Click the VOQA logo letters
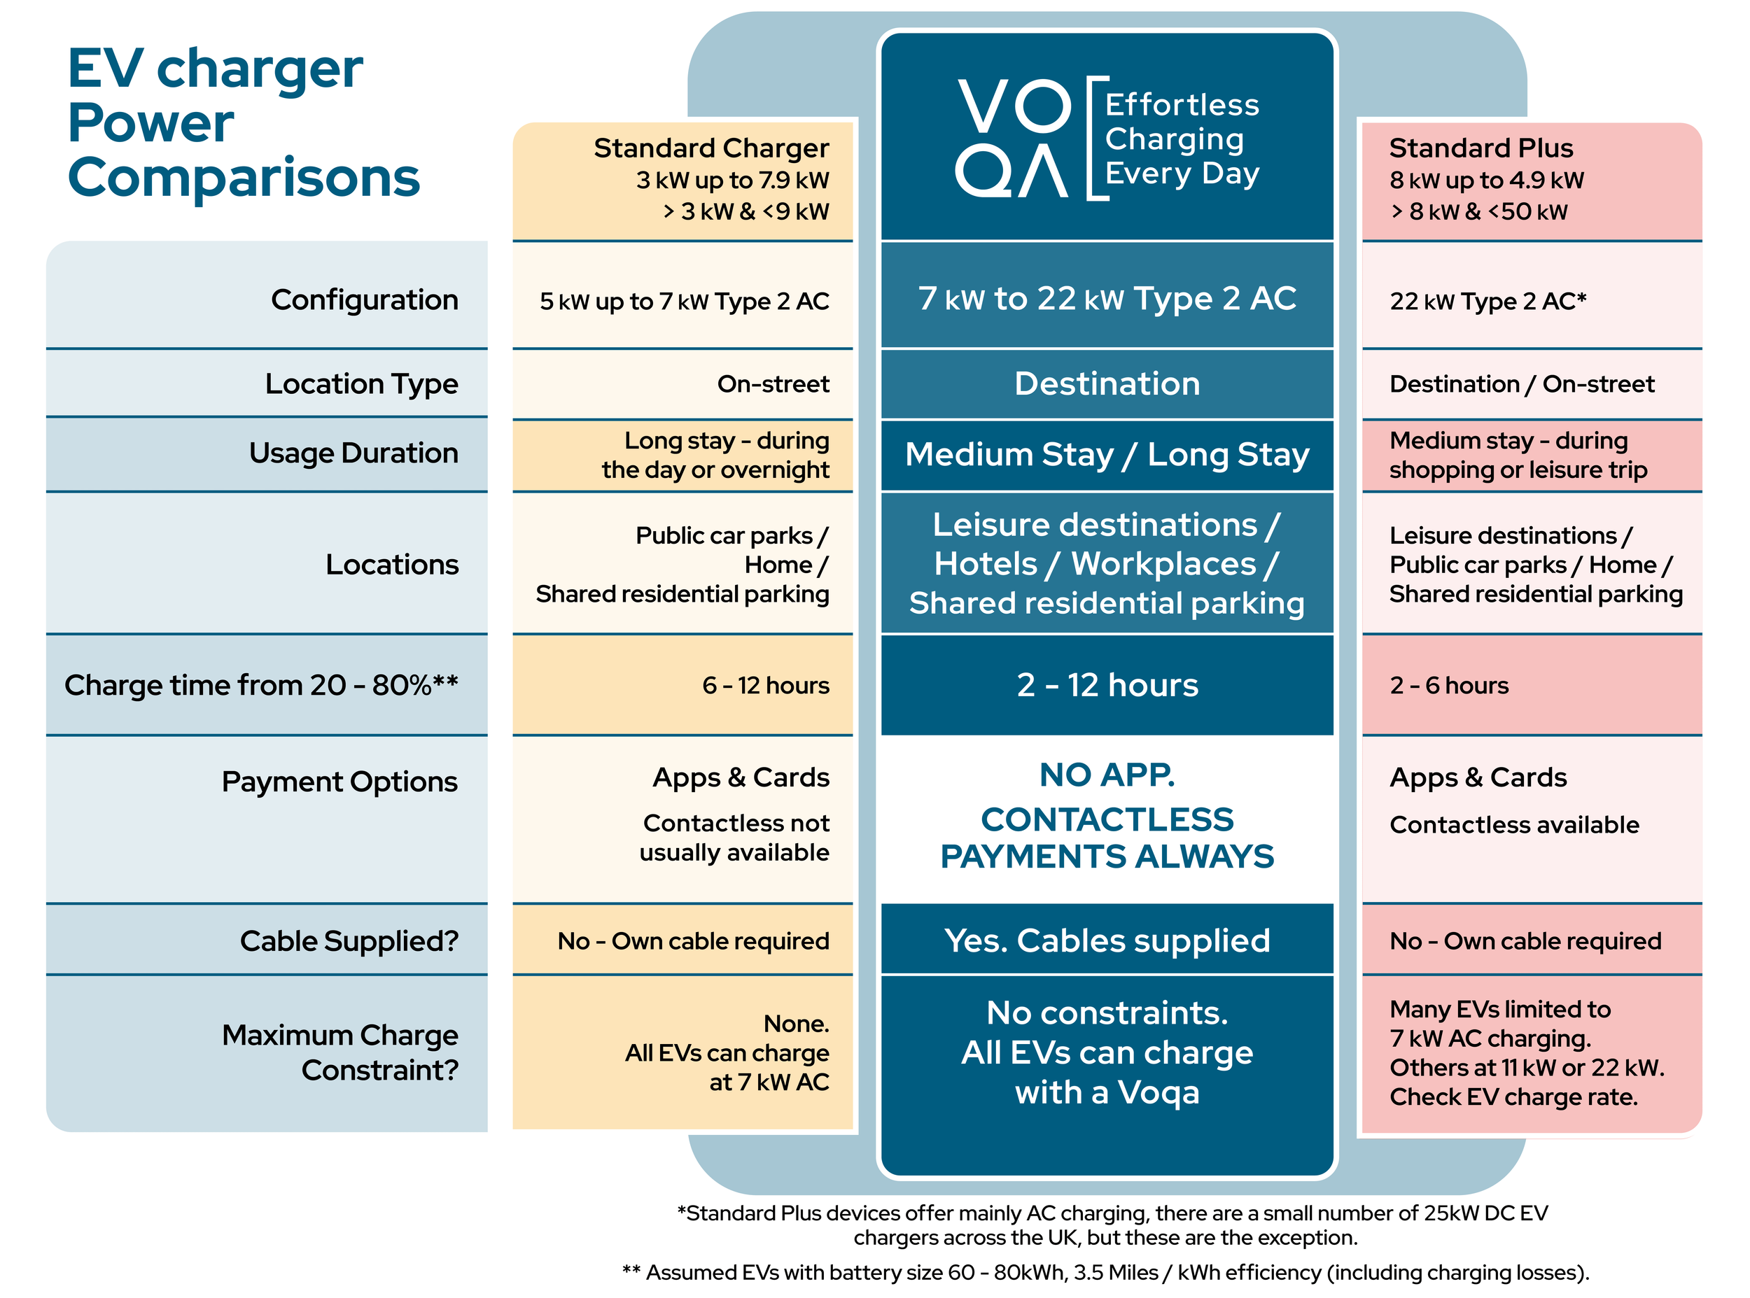pyautogui.click(x=1012, y=139)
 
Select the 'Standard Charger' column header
pyautogui.click(x=710, y=148)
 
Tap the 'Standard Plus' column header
pyautogui.click(x=1480, y=148)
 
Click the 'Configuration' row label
pyautogui.click(x=364, y=300)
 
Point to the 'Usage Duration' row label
pyautogui.click(x=353, y=453)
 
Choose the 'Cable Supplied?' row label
pyautogui.click(x=349, y=940)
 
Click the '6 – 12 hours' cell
pyautogui.click(x=765, y=685)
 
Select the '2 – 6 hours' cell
pyautogui.click(x=1448, y=685)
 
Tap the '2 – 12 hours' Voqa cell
pyautogui.click(x=1107, y=685)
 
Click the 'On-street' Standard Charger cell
pyautogui.click(x=773, y=384)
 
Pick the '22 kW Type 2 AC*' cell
pyautogui.click(x=1487, y=301)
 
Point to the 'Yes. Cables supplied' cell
pyautogui.click(x=1107, y=940)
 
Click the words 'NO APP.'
pyautogui.click(x=1107, y=775)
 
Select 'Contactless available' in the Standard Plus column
pyautogui.click(x=1513, y=825)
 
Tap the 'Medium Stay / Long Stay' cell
pyautogui.click(x=1107, y=454)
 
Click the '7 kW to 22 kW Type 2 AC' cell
pyautogui.click(x=1107, y=299)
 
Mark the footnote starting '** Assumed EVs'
pyautogui.click(x=1105, y=1272)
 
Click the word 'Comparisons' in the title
pyautogui.click(x=244, y=178)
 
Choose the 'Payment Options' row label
pyautogui.click(x=339, y=782)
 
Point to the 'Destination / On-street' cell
pyautogui.click(x=1521, y=384)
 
